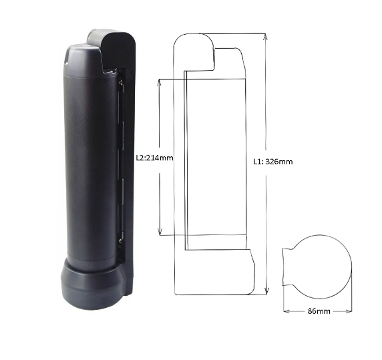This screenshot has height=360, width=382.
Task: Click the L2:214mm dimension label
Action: (154, 159)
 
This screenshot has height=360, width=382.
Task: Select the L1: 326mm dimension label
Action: (274, 161)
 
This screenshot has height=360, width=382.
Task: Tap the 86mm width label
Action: (317, 312)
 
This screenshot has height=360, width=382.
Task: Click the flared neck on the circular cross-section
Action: (289, 266)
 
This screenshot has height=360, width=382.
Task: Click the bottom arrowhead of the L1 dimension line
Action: (266, 291)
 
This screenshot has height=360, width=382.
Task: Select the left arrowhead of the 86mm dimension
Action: (285, 310)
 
